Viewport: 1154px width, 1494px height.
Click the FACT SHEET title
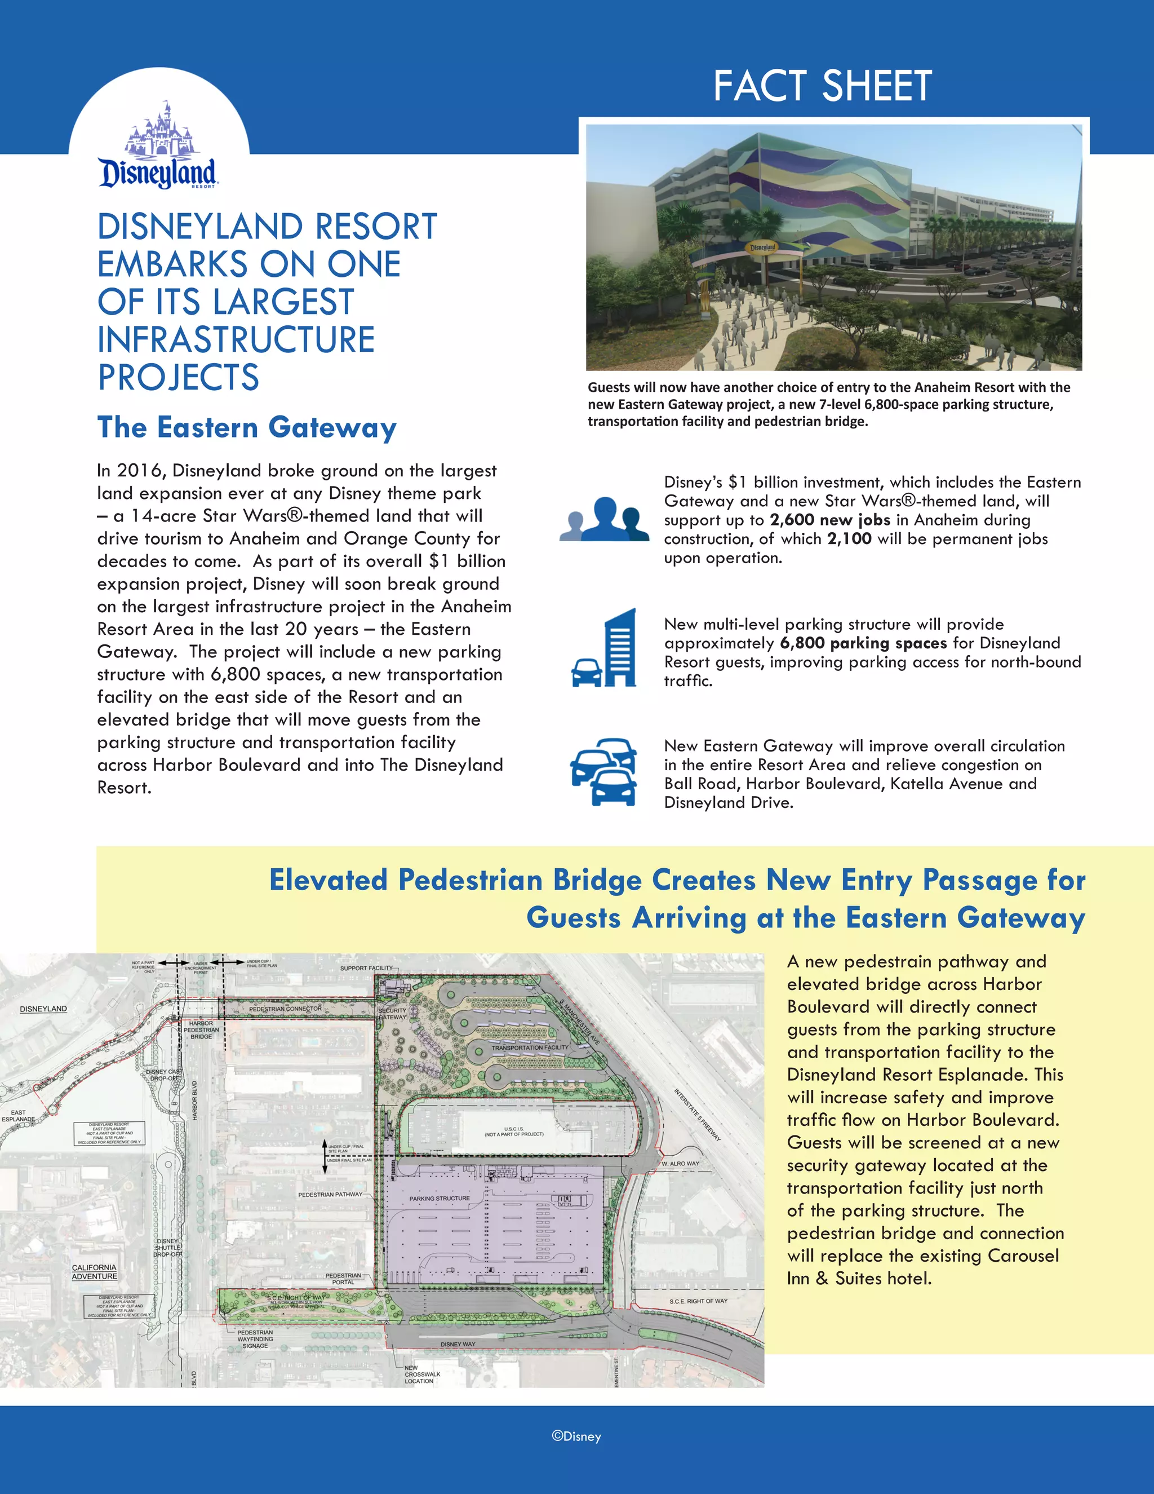pyautogui.click(x=823, y=86)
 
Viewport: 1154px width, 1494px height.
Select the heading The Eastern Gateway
pyautogui.click(x=247, y=427)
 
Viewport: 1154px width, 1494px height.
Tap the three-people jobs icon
pyautogui.click(x=605, y=519)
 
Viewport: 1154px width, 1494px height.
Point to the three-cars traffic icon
pyautogui.click(x=605, y=772)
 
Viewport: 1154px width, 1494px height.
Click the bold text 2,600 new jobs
pyautogui.click(x=830, y=520)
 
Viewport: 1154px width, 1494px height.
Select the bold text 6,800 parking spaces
pyautogui.click(x=863, y=643)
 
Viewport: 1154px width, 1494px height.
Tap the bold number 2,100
pyautogui.click(x=849, y=539)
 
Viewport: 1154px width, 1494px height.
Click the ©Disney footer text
pyautogui.click(x=576, y=1436)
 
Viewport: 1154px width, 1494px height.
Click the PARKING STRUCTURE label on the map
pyautogui.click(x=440, y=1199)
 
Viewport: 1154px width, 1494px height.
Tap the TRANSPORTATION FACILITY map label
pyautogui.click(x=530, y=1047)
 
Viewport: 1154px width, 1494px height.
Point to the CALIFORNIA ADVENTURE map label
pyautogui.click(x=94, y=1272)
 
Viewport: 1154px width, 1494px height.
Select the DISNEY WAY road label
pyautogui.click(x=458, y=1344)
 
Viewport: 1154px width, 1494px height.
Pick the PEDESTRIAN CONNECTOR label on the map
pyautogui.click(x=285, y=1009)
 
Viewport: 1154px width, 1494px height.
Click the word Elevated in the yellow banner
pyautogui.click(x=329, y=881)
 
